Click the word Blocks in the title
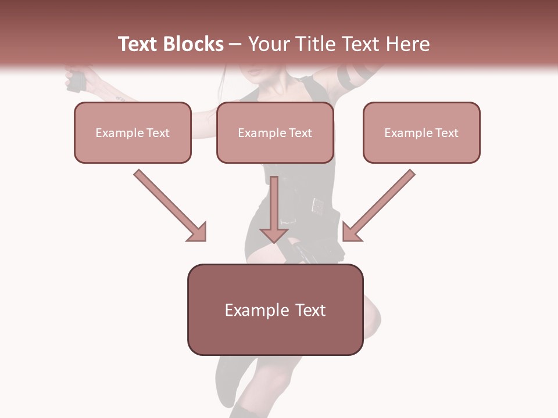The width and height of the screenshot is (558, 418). (x=194, y=44)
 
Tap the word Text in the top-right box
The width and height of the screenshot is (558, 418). (x=446, y=133)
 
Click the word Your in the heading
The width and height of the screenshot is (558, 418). (x=270, y=44)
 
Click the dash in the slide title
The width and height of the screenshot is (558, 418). (x=235, y=44)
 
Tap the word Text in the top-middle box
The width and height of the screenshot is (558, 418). (x=300, y=133)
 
